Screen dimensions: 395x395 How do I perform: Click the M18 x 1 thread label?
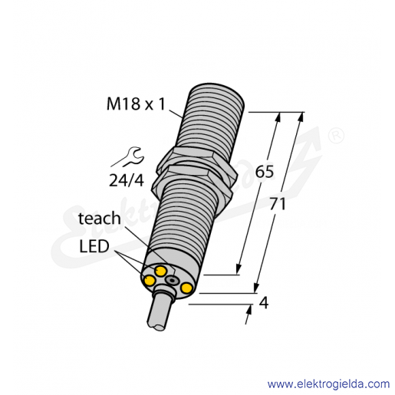[x=136, y=104]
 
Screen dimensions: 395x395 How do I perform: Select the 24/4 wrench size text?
[x=127, y=180]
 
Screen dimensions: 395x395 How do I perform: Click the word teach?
[x=100, y=219]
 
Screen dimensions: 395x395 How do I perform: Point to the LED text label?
[x=94, y=246]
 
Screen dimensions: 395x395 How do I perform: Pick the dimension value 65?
[x=265, y=171]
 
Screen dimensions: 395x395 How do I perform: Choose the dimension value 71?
[x=278, y=204]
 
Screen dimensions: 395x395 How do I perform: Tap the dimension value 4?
[x=264, y=303]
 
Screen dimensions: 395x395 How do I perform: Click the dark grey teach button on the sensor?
[x=172, y=281]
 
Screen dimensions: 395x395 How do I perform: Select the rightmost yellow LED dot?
[x=186, y=288]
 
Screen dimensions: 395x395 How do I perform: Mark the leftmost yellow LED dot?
[x=150, y=281]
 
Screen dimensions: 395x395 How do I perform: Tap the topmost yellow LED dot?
[x=160, y=271]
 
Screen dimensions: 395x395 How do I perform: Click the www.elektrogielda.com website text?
[x=328, y=384]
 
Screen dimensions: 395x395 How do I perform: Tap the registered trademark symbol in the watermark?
[x=336, y=137]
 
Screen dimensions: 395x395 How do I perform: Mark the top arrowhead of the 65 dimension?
[x=278, y=118]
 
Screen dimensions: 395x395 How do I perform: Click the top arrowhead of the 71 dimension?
[x=301, y=118]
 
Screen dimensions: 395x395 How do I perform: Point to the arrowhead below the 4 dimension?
[x=249, y=311]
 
